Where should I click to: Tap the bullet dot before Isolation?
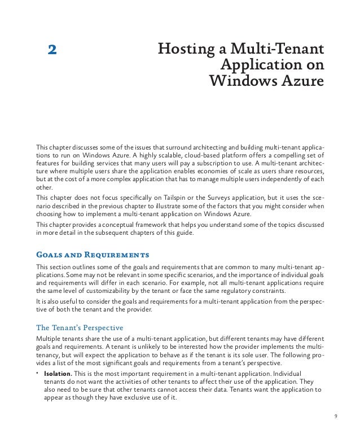click(37, 374)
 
